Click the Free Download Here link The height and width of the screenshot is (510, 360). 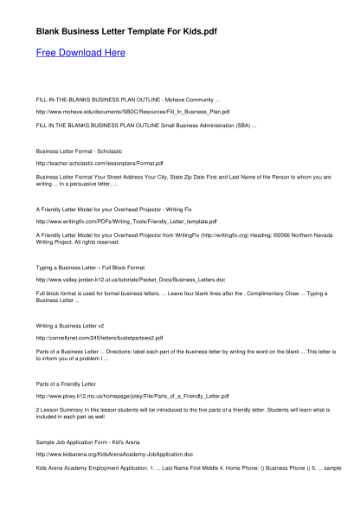click(x=80, y=53)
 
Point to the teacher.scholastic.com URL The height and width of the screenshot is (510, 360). click(x=100, y=163)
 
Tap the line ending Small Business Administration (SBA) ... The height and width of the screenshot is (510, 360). click(x=145, y=125)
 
